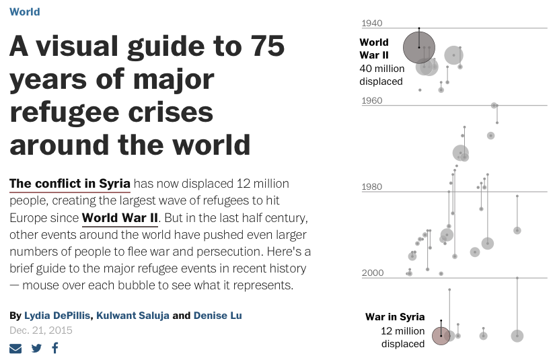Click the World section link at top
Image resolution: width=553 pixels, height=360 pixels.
pyautogui.click(x=25, y=11)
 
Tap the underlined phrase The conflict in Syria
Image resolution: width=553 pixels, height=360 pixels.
pyautogui.click(x=70, y=184)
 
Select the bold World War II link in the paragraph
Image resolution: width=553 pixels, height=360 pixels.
pyautogui.click(x=120, y=217)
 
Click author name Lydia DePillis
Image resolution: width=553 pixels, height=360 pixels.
pyautogui.click(x=57, y=315)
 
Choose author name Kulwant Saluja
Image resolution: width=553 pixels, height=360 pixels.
pyautogui.click(x=133, y=315)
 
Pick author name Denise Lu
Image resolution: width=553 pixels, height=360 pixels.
pyautogui.click(x=217, y=315)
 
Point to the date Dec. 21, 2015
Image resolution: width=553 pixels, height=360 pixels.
pyautogui.click(x=41, y=330)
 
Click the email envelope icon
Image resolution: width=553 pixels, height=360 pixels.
pyautogui.click(x=15, y=349)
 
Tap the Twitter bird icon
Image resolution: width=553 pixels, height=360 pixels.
pyautogui.click(x=36, y=349)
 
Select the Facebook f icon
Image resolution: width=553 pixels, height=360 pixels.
pyautogui.click(x=55, y=348)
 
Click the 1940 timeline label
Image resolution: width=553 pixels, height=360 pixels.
pyautogui.click(x=372, y=24)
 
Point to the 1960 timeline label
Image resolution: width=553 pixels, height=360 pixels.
pyautogui.click(x=372, y=100)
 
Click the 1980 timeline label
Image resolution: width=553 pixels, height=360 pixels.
pyautogui.click(x=372, y=186)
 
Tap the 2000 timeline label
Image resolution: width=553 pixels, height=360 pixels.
pyautogui.click(x=373, y=273)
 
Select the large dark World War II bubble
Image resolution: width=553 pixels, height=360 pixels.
pyautogui.click(x=419, y=47)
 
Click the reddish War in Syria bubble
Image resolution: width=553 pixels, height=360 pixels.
pyautogui.click(x=441, y=336)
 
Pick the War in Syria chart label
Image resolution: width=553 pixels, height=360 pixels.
pyautogui.click(x=395, y=317)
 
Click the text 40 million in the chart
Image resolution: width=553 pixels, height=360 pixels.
pyautogui.click(x=382, y=69)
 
